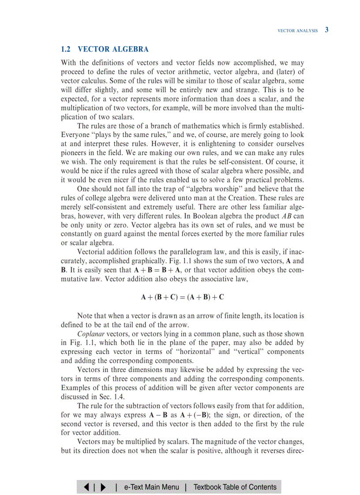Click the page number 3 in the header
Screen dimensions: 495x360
tap(326, 30)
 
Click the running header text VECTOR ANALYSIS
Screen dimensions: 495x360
tap(297, 31)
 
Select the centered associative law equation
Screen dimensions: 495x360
tap(182, 297)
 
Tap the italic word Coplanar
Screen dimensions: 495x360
tap(91, 334)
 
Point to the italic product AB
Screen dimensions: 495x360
tap(286, 216)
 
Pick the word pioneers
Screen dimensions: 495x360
tap(75, 153)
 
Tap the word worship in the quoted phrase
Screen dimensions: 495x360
tap(228, 189)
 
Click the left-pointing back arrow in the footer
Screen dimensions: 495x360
tap(87, 487)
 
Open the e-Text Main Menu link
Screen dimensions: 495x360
tap(151, 487)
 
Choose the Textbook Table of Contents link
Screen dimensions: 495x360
tap(235, 487)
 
